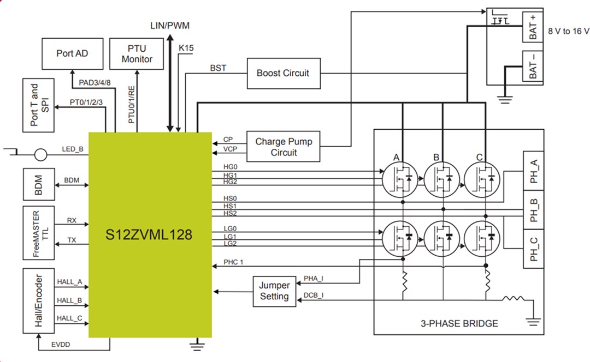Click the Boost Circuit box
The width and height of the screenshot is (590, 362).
[283, 73]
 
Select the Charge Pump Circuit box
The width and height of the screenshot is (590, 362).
[283, 147]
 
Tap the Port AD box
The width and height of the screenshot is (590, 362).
[72, 53]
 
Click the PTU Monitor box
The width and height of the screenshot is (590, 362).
[137, 53]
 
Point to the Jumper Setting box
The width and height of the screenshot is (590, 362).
[274, 291]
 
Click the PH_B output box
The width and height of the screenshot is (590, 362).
[534, 209]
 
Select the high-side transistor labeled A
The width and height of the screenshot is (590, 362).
[402, 179]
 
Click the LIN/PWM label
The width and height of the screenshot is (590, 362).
[170, 26]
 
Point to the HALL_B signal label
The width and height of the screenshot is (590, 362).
[69, 300]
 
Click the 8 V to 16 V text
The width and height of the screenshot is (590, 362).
[569, 31]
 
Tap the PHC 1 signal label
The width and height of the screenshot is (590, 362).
[233, 262]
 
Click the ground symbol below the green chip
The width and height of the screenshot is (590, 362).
[197, 343]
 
